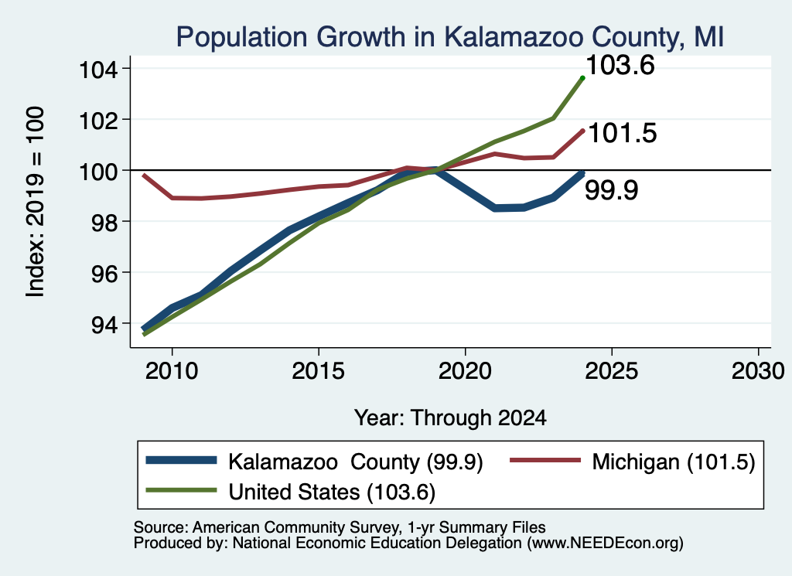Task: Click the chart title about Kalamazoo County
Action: (x=450, y=38)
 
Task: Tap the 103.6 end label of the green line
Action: (x=620, y=66)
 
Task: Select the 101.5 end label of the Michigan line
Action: (x=623, y=133)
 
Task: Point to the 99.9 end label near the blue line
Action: (x=611, y=190)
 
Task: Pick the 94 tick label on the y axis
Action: (x=104, y=324)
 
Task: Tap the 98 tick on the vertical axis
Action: (x=104, y=222)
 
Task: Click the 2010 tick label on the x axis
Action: (x=172, y=371)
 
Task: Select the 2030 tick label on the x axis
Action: (x=758, y=371)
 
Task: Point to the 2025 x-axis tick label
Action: (x=612, y=371)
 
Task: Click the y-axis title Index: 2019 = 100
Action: (x=35, y=202)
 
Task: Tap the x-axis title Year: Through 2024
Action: (x=450, y=418)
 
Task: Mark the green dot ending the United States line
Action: (x=582, y=78)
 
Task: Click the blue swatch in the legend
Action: (x=181, y=460)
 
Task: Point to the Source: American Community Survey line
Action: (x=340, y=527)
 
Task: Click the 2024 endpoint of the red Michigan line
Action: (x=583, y=131)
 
